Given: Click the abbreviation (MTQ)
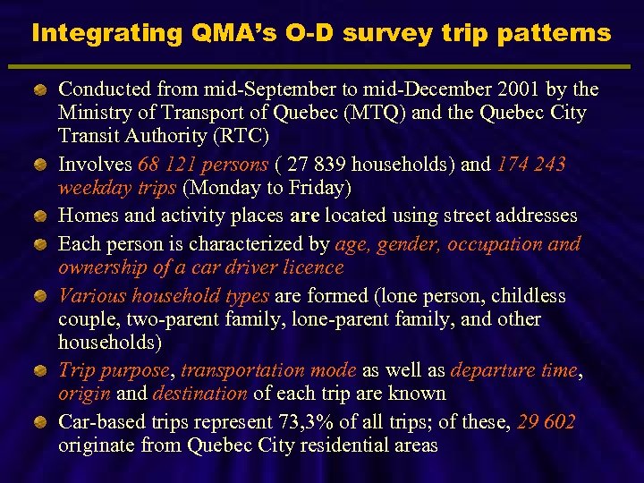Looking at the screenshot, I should point(386,113).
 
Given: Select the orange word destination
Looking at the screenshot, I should point(200,393).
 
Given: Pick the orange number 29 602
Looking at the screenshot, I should point(546,421).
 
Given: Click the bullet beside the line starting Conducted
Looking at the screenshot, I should point(41,89).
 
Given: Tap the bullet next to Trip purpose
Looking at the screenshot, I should point(41,370).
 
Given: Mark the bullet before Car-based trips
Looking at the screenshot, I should point(41,421).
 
